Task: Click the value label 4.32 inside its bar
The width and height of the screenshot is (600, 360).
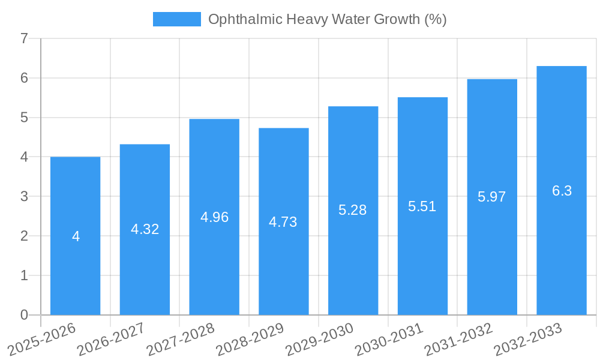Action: point(145,229)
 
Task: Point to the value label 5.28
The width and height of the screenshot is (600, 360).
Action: point(353,210)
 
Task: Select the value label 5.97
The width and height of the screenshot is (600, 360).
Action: point(492,197)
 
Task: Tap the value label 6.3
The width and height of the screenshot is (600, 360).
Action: point(562,191)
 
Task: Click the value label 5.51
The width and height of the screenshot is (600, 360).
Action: point(422,206)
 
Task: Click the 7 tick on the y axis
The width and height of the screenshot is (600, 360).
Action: point(24,38)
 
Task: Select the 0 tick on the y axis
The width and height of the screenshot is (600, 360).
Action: point(24,315)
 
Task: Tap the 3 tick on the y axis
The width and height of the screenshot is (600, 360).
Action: point(24,196)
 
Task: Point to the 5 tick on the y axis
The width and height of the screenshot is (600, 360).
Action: point(24,118)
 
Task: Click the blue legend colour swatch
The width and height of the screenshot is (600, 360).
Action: point(177,19)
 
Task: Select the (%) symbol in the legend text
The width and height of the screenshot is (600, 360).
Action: point(435,19)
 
